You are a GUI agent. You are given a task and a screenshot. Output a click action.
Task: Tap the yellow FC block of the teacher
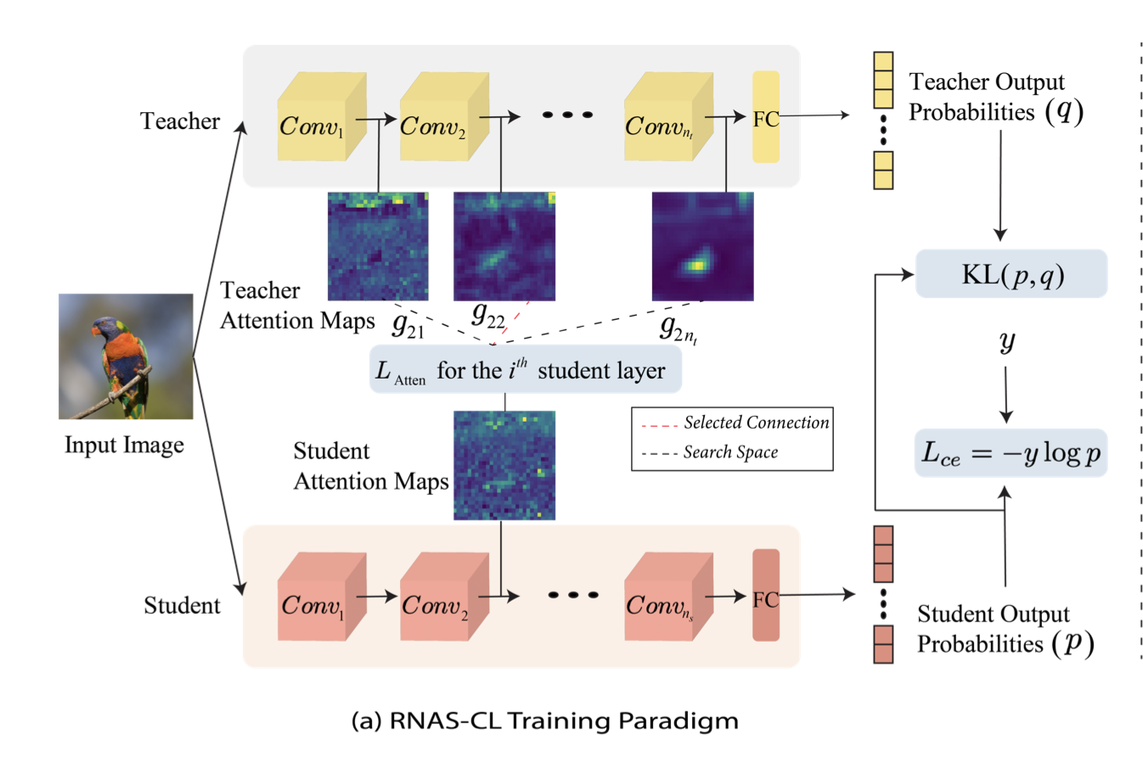pos(765,117)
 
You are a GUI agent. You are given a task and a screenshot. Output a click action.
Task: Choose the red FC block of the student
pos(765,596)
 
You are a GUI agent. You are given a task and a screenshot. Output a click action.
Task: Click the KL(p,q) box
pos(1011,274)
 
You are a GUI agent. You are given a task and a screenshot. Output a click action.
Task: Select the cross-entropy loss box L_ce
pos(1011,453)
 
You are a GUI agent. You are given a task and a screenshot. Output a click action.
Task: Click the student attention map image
pos(504,465)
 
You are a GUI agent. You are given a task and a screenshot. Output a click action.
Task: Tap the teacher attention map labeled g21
pos(378,246)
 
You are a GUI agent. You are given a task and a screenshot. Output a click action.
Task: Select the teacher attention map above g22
pos(504,246)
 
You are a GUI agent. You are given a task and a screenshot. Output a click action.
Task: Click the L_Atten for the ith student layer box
pos(525,370)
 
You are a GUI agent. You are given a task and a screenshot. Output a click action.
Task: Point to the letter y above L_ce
pos(1006,341)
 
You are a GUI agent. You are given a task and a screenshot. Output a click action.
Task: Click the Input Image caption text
pos(124,446)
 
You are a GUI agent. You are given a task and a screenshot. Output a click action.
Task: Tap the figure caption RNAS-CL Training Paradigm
pos(544,721)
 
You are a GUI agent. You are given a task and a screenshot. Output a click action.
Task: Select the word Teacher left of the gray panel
pos(180,121)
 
